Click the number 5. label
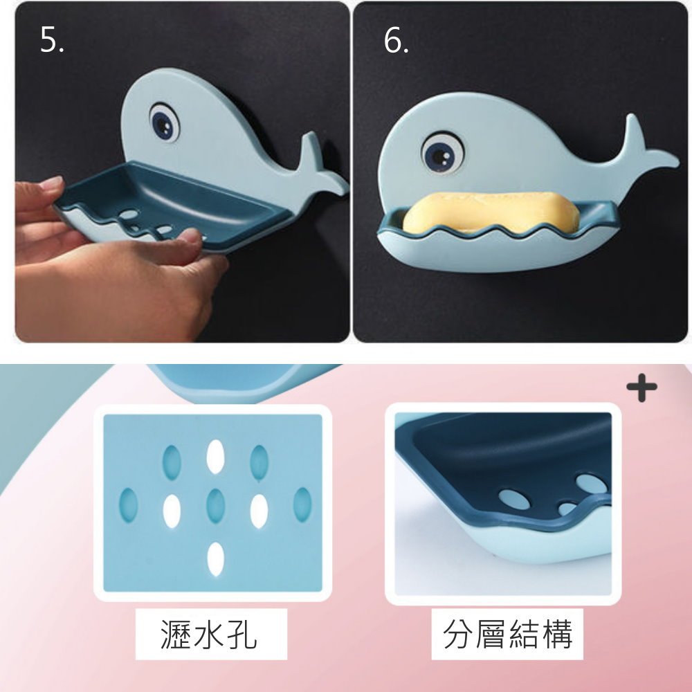click(52, 39)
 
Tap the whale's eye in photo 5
click(165, 122)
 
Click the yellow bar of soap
click(488, 212)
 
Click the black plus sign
click(641, 388)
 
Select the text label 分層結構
click(507, 634)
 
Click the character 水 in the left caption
click(209, 634)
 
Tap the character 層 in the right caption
click(491, 634)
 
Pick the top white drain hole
click(215, 457)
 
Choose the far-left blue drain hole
click(129, 505)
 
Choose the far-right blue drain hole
click(302, 505)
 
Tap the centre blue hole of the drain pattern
click(215, 506)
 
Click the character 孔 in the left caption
click(242, 634)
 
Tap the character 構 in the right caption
click(557, 634)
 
